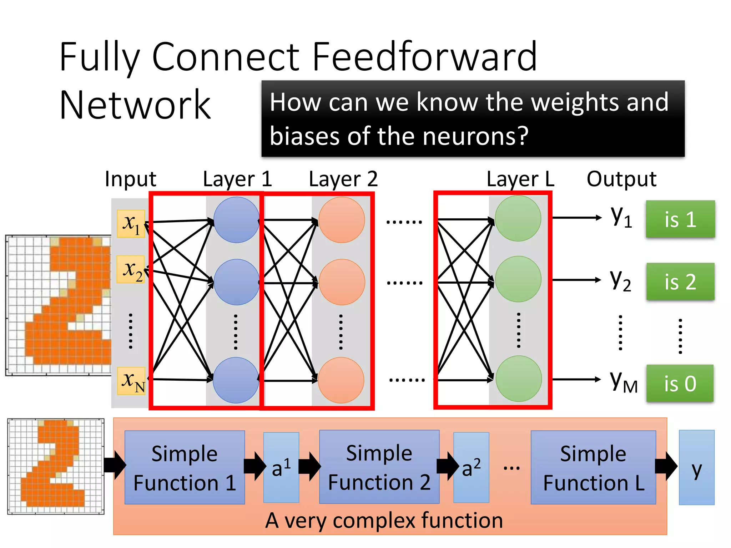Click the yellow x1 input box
coord(131,223)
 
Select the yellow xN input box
coord(131,381)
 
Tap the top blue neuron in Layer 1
coord(236,220)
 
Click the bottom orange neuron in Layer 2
coord(341,380)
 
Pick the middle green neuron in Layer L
coord(518,279)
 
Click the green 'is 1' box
coord(680,219)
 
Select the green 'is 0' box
coord(680,384)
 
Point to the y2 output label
coord(620,280)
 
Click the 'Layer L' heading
coord(520,179)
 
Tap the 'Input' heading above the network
coord(131,179)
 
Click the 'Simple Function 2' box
coord(379,467)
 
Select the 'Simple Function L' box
coord(593,467)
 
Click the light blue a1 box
coord(281,467)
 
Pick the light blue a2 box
coord(471,467)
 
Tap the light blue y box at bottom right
coord(696,467)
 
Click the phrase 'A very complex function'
coord(384,520)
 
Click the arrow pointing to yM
coord(576,379)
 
